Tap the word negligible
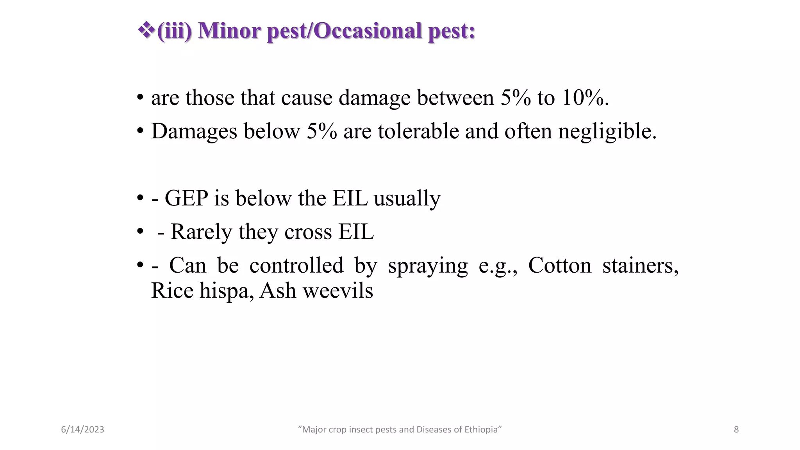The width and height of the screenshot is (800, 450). (x=607, y=131)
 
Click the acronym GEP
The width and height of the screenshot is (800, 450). (x=186, y=198)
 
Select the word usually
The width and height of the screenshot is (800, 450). (x=407, y=198)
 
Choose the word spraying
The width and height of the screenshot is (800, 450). (x=428, y=266)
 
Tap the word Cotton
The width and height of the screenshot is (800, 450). (x=560, y=266)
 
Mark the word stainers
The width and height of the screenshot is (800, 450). (x=640, y=266)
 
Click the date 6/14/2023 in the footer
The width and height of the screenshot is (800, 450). (x=82, y=430)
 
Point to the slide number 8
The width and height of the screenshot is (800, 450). (x=736, y=430)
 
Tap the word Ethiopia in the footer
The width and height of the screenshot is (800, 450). (x=482, y=430)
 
